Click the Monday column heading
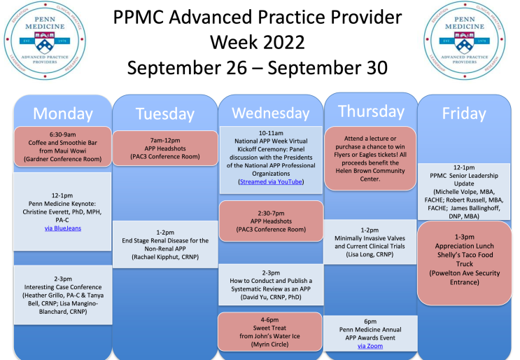62,113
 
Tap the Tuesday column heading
164,113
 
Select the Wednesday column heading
270,113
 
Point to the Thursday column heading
370,111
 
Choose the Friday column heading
464,113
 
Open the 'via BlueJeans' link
62,228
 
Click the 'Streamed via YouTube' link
271,181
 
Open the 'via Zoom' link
370,346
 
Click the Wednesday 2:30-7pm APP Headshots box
271,220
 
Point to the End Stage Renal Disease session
164,244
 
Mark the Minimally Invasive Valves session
370,242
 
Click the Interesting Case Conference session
62,294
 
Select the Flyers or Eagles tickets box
370,158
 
